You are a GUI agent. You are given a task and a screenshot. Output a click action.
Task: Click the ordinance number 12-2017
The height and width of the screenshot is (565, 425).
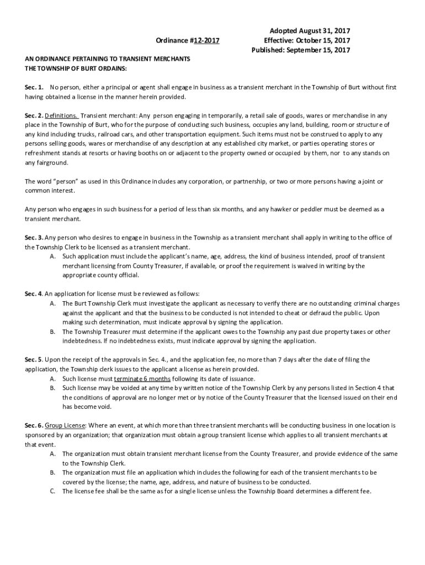(204, 40)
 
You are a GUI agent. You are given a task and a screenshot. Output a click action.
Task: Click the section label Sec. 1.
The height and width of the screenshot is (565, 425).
(34, 88)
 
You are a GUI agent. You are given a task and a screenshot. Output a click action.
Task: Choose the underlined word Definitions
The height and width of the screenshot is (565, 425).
(61, 116)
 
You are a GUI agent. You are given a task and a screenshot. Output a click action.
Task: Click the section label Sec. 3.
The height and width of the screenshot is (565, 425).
(34, 238)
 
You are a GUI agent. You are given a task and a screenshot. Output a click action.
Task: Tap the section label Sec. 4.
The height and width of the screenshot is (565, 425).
(34, 294)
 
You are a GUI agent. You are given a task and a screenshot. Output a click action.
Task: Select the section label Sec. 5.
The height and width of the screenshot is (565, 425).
(34, 360)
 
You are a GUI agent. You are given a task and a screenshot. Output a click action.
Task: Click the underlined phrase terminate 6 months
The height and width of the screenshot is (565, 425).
(143, 379)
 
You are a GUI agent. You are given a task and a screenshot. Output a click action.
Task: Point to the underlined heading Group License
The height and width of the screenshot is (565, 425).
(65, 426)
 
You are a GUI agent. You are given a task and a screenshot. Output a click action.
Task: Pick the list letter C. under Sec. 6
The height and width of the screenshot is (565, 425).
(52, 492)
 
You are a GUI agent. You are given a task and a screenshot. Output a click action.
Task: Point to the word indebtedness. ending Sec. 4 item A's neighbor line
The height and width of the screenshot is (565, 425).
(81, 341)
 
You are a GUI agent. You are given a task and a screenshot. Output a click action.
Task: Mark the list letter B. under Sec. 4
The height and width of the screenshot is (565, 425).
(52, 332)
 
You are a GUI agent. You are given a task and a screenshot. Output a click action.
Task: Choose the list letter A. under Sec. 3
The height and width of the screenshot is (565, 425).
(52, 257)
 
